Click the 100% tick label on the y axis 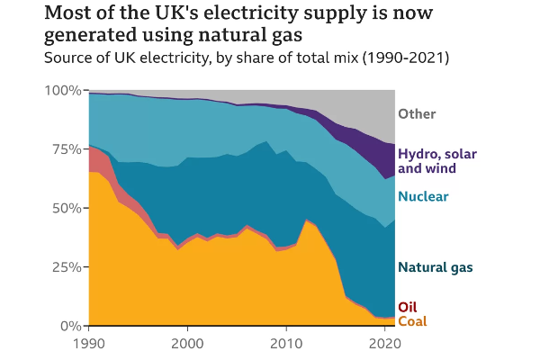(x=64, y=91)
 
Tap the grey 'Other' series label (x=417, y=114)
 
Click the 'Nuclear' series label (x=423, y=196)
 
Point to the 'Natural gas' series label (x=436, y=267)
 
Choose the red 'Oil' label (x=407, y=307)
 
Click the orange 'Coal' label (x=412, y=321)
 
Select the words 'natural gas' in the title (x=248, y=36)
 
